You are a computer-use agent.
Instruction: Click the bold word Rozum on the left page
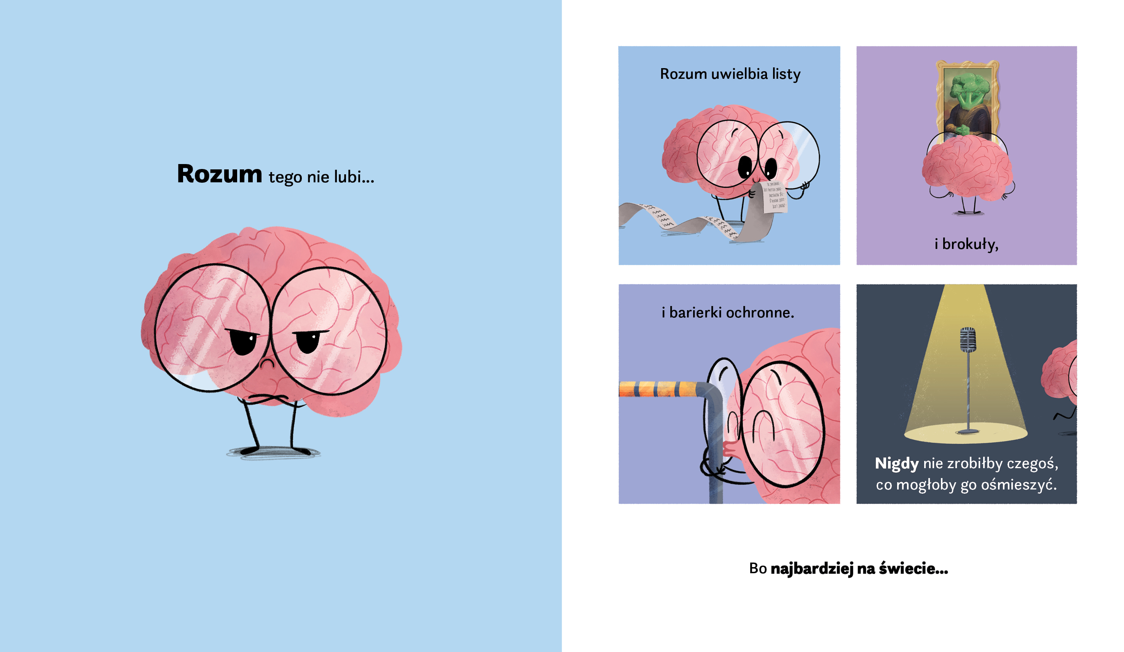(220, 174)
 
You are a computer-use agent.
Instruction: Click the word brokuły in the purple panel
(970, 244)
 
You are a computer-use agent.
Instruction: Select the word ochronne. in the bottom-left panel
(760, 312)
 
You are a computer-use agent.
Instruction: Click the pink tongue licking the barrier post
(729, 448)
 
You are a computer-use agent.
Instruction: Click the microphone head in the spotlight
(968, 340)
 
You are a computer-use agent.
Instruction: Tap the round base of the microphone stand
(968, 431)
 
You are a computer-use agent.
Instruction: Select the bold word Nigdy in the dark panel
(896, 464)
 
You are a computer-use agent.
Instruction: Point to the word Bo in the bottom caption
(758, 568)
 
